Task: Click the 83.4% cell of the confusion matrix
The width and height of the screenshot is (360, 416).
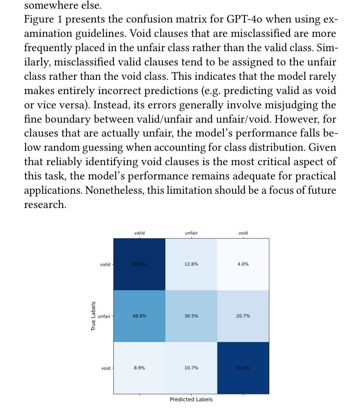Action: click(139, 264)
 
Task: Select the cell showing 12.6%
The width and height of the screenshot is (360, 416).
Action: click(191, 264)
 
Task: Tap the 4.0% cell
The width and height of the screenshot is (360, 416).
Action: click(243, 264)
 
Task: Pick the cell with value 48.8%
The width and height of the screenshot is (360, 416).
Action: click(139, 316)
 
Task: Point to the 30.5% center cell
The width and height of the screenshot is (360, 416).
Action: click(191, 316)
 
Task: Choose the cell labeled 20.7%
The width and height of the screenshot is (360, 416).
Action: click(243, 316)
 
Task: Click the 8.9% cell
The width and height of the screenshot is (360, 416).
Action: click(139, 368)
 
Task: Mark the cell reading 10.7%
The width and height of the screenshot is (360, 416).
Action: click(191, 368)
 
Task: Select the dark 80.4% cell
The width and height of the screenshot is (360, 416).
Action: click(243, 368)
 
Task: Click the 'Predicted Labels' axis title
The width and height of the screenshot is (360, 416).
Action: click(191, 400)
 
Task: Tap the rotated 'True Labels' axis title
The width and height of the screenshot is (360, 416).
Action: click(93, 316)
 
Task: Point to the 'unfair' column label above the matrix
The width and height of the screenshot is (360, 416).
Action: click(191, 233)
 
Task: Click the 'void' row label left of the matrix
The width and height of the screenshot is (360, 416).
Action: click(106, 368)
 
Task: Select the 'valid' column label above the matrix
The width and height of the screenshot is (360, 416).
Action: click(139, 233)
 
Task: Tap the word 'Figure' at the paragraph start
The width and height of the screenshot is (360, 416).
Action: click(39, 19)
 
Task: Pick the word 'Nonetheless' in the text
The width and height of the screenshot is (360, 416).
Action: click(115, 190)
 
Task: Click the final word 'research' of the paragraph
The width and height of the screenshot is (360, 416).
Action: click(45, 205)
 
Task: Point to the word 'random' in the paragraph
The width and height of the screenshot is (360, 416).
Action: click(62, 147)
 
